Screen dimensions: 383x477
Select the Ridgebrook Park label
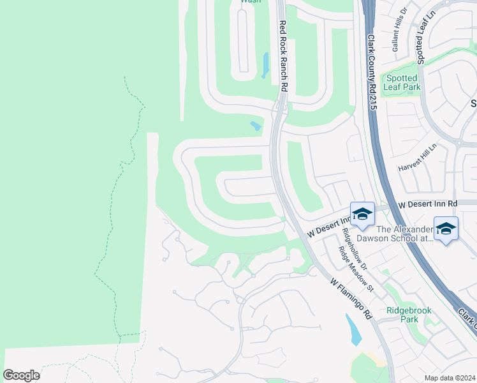409,315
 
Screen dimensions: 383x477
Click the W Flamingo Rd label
351,298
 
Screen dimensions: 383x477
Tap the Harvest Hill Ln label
417,157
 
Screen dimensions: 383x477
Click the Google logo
21,375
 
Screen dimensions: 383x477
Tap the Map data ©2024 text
450,378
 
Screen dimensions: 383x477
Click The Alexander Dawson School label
404,234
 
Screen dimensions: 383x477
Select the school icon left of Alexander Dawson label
362,214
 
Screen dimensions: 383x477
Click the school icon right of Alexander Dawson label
446,229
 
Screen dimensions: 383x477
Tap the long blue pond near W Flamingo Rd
352,330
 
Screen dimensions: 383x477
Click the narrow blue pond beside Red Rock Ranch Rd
265,64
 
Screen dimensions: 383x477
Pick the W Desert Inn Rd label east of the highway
427,204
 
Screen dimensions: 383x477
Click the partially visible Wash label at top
249,2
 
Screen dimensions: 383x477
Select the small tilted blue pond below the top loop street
256,126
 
